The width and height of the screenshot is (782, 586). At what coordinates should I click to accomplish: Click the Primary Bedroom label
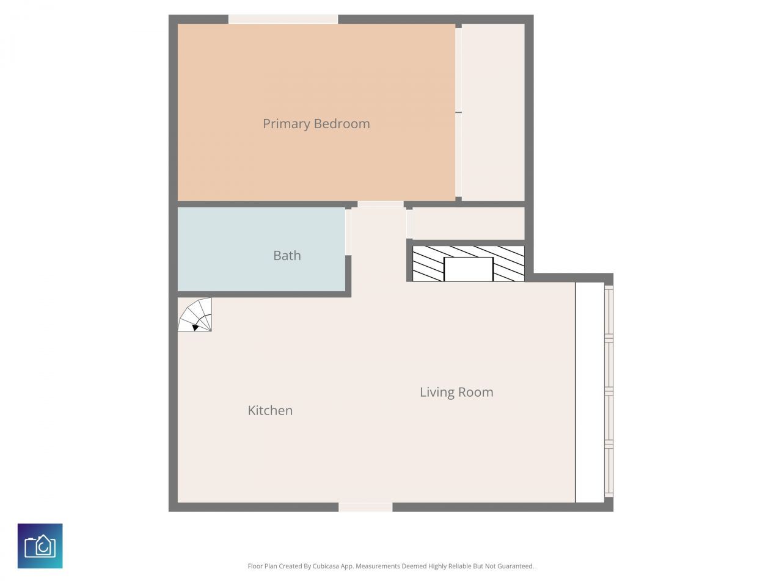coord(316,124)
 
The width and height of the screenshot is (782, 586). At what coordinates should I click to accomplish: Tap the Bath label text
coord(287,256)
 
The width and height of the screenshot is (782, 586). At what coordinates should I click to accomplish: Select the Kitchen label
coord(270,411)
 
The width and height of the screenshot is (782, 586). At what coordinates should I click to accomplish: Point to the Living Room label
coord(456,392)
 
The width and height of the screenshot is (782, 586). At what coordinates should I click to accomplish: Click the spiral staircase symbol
coord(195,315)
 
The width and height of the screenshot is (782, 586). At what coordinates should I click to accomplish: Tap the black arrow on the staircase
coord(195,328)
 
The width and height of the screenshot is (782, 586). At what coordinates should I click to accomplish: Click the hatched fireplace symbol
coord(428,264)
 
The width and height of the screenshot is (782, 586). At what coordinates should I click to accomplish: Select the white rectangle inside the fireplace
coord(468,269)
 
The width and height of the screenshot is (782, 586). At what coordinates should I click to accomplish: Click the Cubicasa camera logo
coord(40,546)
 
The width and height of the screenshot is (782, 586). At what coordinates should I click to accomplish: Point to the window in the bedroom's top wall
coord(283,20)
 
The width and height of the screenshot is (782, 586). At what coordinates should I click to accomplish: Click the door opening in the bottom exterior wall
coord(365,507)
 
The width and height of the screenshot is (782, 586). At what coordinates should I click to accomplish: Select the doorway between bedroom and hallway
coord(380,204)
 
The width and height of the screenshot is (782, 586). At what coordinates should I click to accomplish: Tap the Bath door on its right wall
coord(348,232)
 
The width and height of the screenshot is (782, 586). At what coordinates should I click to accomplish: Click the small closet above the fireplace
coord(469,223)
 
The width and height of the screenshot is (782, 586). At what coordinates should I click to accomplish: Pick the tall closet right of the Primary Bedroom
coord(493,112)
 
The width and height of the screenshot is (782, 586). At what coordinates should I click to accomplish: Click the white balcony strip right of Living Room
coord(590,392)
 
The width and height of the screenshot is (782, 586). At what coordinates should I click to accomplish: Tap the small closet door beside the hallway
coord(409,223)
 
